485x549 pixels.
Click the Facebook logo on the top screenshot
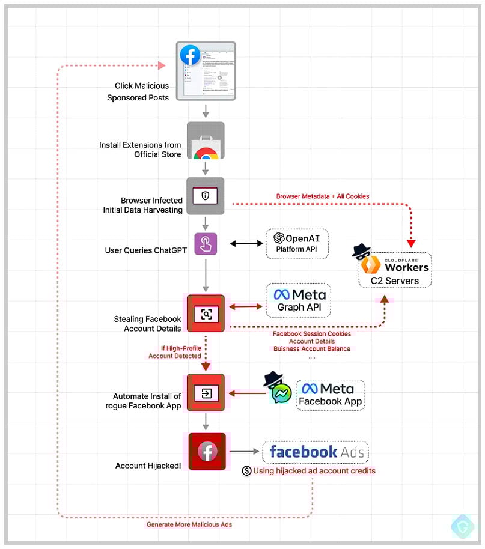[189, 55]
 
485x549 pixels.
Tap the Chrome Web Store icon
[206, 141]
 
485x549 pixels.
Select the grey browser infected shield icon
[206, 196]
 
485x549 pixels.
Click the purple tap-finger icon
[206, 244]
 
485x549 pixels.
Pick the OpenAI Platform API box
[297, 243]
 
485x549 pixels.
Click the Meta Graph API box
[298, 300]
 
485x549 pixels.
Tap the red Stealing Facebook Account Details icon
[206, 313]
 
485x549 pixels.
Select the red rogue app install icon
[206, 393]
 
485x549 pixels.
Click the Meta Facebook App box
[330, 395]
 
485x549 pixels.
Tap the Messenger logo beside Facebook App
[281, 393]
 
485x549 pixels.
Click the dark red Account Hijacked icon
[207, 452]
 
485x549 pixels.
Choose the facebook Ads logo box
[316, 452]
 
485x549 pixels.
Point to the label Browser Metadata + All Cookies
[323, 196]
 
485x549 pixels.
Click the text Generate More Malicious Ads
[189, 524]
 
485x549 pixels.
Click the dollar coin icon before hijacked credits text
[246, 471]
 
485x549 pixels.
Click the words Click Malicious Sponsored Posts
[142, 91]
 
